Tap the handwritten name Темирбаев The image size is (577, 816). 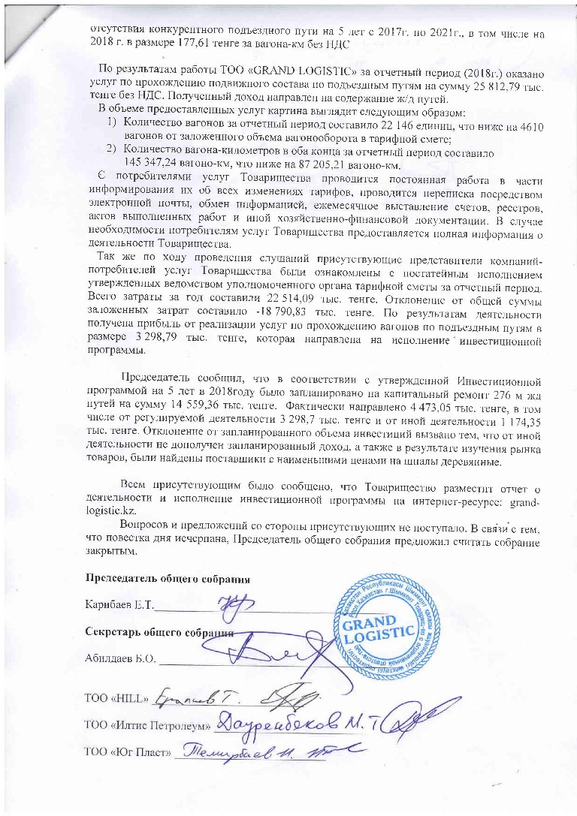coord(240,748)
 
